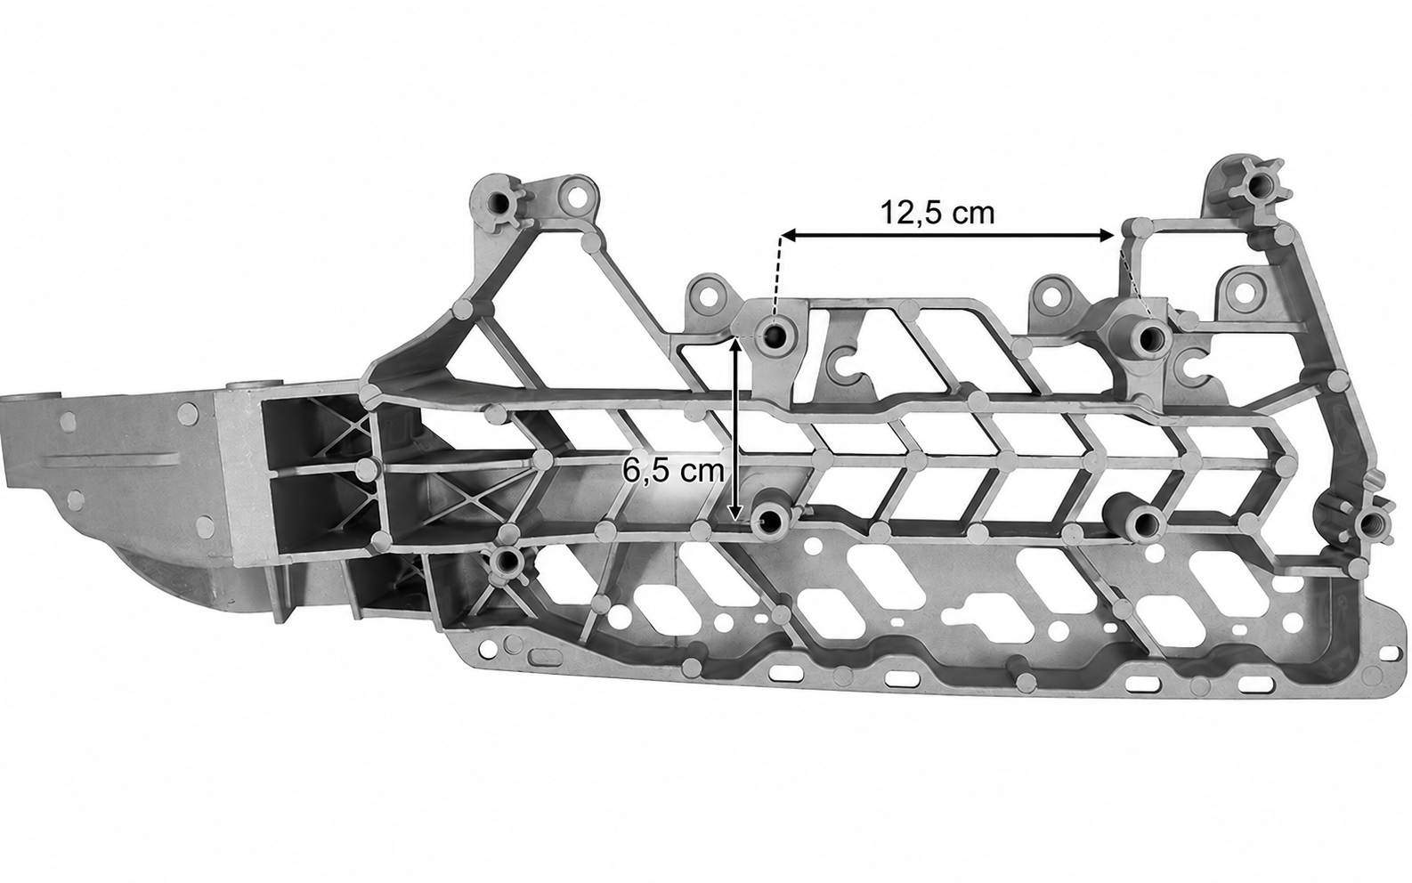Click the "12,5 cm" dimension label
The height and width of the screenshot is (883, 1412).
937,213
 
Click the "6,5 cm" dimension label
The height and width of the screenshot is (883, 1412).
673,470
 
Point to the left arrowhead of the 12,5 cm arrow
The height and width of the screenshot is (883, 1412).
789,237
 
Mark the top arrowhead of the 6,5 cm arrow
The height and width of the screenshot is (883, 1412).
735,345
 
